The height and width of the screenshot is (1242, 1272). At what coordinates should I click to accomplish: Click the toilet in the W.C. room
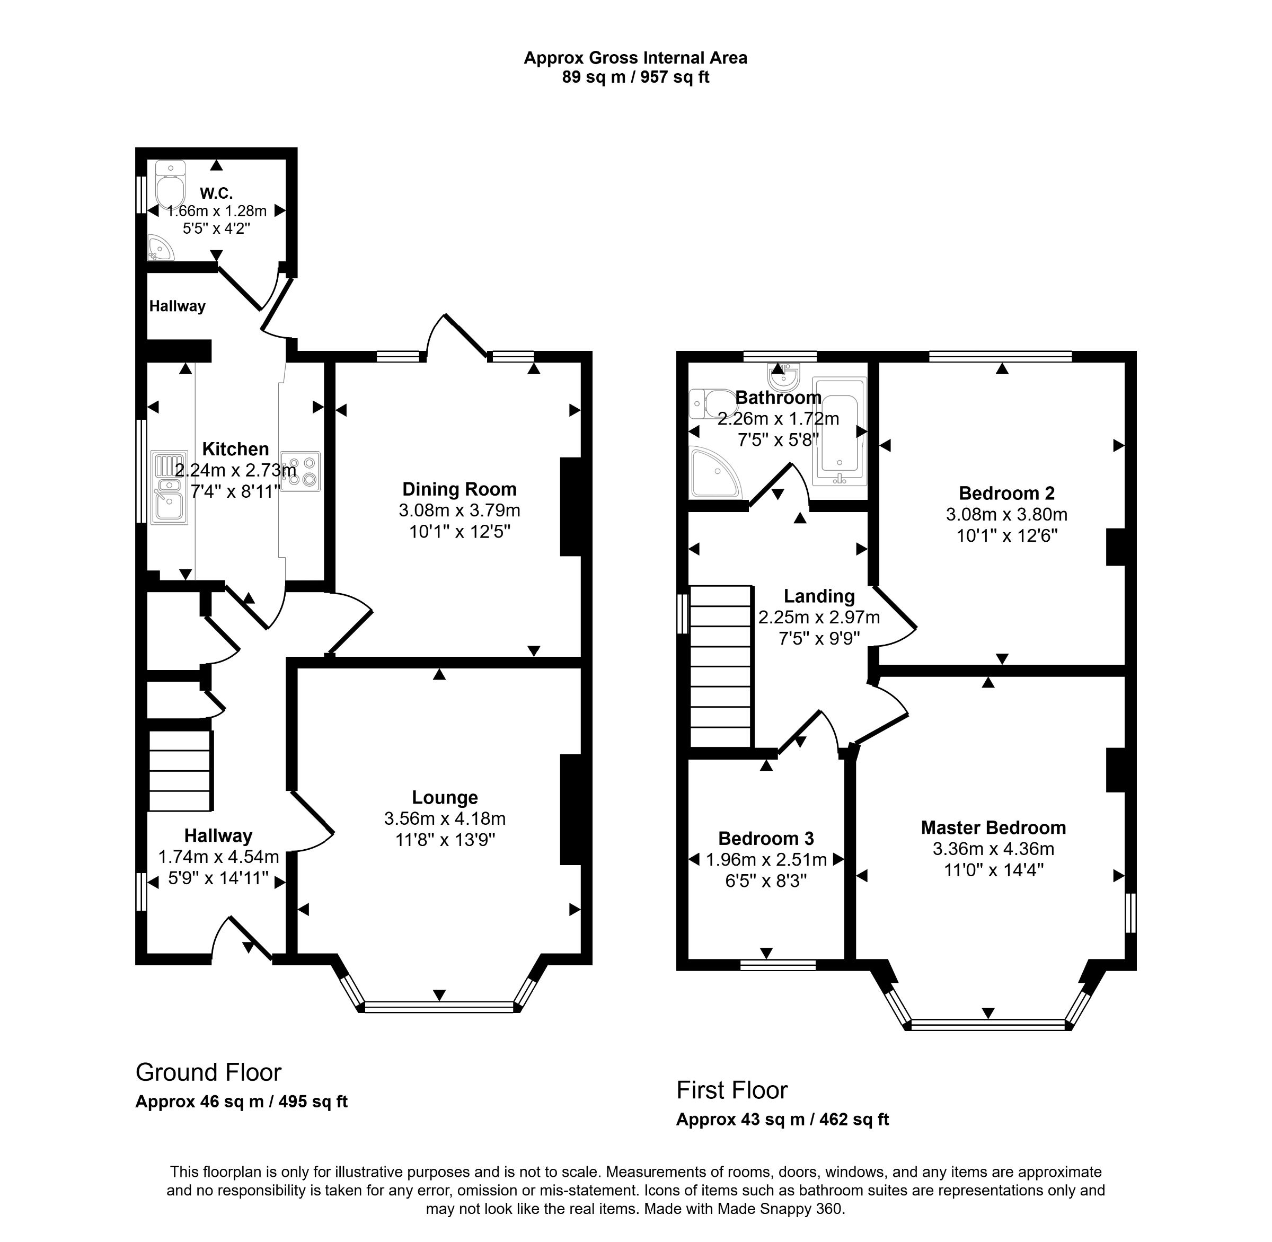tap(170, 187)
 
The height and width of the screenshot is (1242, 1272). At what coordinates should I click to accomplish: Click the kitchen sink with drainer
tap(169, 488)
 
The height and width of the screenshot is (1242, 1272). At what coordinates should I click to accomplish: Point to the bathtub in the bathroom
tap(839, 431)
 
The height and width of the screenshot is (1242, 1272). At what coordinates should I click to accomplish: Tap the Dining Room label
tap(459, 489)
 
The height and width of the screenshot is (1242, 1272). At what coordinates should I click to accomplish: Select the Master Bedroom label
tap(993, 828)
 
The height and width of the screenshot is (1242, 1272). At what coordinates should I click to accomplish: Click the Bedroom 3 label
tap(766, 838)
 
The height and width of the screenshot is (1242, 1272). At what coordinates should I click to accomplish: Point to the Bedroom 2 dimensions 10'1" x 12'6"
tap(1006, 535)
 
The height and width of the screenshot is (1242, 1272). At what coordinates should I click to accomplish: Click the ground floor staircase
tap(180, 770)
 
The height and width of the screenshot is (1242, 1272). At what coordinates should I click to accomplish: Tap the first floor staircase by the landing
tap(720, 666)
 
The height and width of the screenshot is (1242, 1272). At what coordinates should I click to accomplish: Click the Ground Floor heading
tap(208, 1072)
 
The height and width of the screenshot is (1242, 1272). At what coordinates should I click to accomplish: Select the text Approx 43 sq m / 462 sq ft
tap(782, 1120)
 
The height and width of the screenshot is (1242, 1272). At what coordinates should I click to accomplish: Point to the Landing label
tap(819, 596)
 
